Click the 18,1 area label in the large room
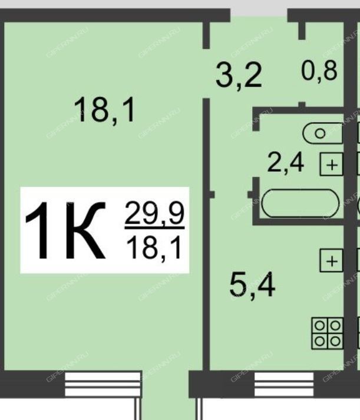click(x=104, y=110)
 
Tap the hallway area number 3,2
click(x=238, y=76)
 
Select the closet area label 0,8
click(x=319, y=71)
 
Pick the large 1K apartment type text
click(x=65, y=231)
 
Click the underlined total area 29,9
click(x=154, y=214)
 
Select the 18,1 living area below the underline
click(x=154, y=248)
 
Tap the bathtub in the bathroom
click(x=300, y=204)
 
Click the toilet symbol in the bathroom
click(x=323, y=133)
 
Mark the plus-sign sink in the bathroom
click(x=332, y=164)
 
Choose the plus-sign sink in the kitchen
click(x=332, y=261)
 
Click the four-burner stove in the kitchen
click(x=328, y=333)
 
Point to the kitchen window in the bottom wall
click(x=284, y=384)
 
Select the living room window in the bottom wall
click(x=103, y=384)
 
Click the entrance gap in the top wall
click(x=259, y=15)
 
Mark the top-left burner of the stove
click(x=319, y=326)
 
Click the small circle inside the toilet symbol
click(x=320, y=133)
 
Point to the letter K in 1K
click(x=85, y=231)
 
